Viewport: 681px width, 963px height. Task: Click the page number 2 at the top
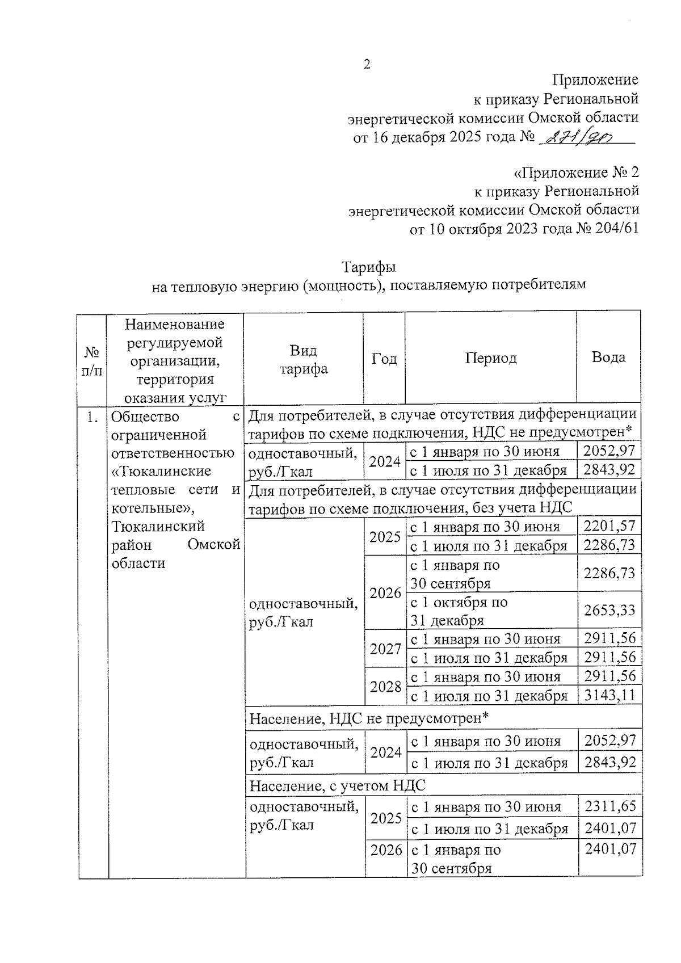pyautogui.click(x=367, y=64)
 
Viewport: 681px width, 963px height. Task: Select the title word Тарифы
pyautogui.click(x=368, y=267)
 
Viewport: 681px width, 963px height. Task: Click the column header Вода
pyautogui.click(x=608, y=357)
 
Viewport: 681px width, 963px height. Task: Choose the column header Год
pyautogui.click(x=384, y=359)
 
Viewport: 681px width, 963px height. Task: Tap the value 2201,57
pyautogui.click(x=609, y=526)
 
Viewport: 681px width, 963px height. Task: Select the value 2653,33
pyautogui.click(x=609, y=610)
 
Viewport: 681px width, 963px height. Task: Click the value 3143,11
pyautogui.click(x=609, y=695)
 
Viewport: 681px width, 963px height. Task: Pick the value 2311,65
pyautogui.click(x=610, y=806)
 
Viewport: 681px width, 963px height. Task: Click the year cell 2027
pyautogui.click(x=386, y=648)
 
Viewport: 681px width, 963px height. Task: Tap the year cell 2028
pyautogui.click(x=386, y=686)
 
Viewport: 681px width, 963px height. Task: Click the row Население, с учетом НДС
pyautogui.click(x=338, y=785)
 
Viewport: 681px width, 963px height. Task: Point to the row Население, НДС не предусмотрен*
pyautogui.click(x=369, y=718)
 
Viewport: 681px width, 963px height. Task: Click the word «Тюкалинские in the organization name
pyautogui.click(x=162, y=471)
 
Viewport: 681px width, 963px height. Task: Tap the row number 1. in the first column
pyautogui.click(x=91, y=418)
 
